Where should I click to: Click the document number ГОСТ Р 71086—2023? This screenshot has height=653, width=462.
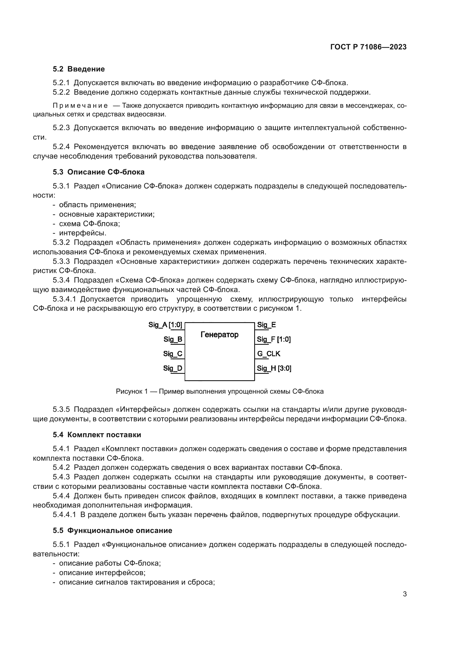[368, 47]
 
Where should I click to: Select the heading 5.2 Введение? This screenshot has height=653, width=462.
[79, 69]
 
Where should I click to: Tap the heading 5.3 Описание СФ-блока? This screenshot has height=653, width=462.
[98, 172]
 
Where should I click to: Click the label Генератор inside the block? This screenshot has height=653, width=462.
[219, 334]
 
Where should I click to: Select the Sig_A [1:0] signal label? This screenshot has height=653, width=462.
[165, 325]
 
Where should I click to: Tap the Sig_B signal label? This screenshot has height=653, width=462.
[173, 339]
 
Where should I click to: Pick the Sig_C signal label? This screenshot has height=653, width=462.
[172, 353]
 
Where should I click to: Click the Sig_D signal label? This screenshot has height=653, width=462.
[172, 368]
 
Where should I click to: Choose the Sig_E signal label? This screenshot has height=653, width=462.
[266, 325]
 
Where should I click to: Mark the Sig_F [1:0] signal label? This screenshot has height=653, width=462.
[274, 339]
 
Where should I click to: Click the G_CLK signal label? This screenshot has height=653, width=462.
[269, 353]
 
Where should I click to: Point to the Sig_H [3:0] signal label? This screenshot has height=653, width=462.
[274, 368]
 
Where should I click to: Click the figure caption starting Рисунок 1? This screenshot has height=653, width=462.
[220, 391]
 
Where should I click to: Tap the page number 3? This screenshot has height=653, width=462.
[404, 594]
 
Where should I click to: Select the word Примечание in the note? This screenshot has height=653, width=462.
[80, 106]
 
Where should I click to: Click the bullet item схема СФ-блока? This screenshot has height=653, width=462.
[89, 224]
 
